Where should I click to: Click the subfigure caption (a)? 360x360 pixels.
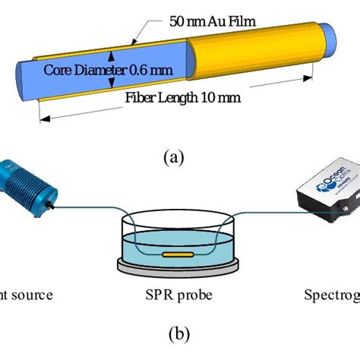[174, 157]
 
